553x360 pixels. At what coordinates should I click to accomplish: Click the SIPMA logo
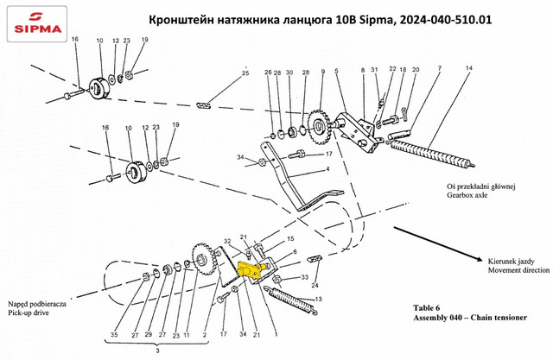point(37,23)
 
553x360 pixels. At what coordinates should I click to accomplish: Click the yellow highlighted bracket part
point(250,269)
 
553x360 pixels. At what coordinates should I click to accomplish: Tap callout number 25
point(245,73)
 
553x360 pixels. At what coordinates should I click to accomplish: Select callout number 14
point(468,67)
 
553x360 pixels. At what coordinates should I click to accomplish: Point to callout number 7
point(440,67)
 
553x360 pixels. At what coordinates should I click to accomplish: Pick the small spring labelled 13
point(294,299)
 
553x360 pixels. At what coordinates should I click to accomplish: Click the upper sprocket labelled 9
point(319,127)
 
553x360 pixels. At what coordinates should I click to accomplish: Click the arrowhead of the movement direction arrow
point(480,259)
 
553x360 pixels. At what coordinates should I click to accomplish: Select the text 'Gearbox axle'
point(467,195)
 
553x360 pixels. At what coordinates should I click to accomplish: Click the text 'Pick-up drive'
point(29,313)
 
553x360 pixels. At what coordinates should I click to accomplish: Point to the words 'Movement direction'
point(518,270)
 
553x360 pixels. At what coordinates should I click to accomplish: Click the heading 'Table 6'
point(426,308)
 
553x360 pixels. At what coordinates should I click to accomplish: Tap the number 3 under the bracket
point(157,351)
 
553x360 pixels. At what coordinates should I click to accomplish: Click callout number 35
point(114,335)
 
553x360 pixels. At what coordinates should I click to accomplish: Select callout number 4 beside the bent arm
point(327,169)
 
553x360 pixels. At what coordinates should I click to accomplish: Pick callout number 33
point(305,277)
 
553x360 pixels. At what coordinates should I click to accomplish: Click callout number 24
point(315,286)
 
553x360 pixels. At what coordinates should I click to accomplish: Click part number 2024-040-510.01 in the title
point(444,20)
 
